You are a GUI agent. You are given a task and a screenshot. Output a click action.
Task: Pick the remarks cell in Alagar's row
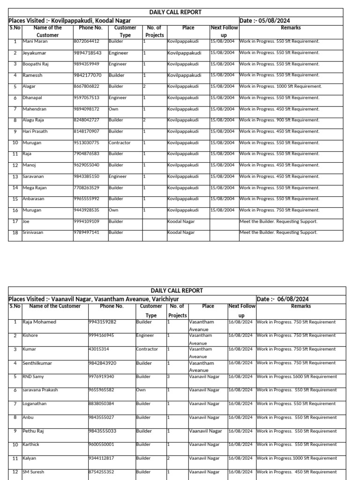coord(281,86)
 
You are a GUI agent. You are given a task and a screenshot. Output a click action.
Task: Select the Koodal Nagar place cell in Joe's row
coord(181,221)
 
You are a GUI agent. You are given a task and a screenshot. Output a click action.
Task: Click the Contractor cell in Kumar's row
coord(147,349)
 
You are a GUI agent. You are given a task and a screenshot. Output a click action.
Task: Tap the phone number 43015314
coord(100,349)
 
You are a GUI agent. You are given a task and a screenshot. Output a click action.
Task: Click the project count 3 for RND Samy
coord(169,376)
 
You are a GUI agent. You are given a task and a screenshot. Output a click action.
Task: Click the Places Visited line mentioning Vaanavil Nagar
coord(94,299)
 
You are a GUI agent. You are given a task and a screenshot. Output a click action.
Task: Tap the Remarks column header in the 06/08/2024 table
coord(300,306)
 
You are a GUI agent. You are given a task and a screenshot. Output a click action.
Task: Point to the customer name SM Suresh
coord(34,472)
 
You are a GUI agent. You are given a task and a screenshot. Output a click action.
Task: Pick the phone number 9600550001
coord(101,444)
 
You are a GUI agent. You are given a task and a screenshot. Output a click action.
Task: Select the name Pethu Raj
coord(33,431)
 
